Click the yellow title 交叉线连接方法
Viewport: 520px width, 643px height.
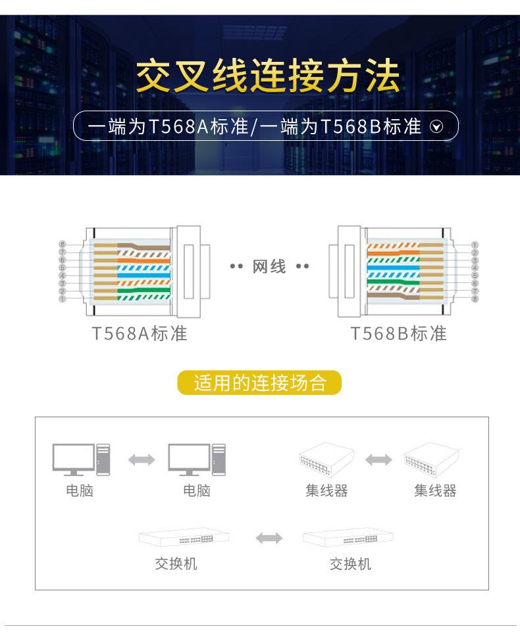point(267,76)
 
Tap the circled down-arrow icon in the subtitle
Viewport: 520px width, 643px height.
point(436,127)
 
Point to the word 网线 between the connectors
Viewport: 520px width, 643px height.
point(269,267)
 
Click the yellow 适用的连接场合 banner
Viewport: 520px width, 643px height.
point(260,383)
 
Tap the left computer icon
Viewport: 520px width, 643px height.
point(80,459)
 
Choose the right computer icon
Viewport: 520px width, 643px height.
point(196,459)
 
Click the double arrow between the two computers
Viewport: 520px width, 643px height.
point(141,459)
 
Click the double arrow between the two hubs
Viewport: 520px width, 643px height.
point(378,459)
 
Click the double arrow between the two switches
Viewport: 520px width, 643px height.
point(269,538)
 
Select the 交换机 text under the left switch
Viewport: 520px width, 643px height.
point(176,564)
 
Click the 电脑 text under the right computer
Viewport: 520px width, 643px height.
point(197,491)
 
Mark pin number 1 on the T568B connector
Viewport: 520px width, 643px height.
point(474,245)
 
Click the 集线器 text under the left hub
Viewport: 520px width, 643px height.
point(326,491)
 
